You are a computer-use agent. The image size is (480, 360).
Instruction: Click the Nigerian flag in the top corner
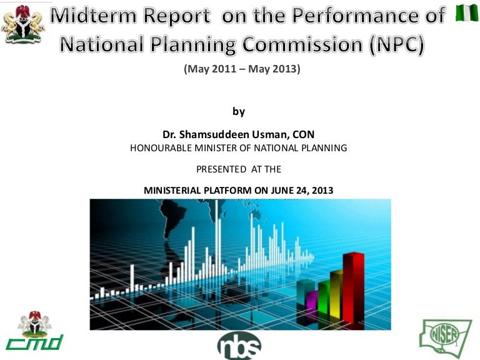tap(467, 12)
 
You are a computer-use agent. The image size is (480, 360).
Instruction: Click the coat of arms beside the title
tap(22, 23)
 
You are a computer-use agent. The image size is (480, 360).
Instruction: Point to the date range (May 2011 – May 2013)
tap(242, 69)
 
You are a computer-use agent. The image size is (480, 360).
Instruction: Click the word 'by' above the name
tap(239, 111)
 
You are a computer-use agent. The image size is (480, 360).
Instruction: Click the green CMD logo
tap(34, 331)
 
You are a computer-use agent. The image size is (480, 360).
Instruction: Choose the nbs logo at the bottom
tap(239, 346)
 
